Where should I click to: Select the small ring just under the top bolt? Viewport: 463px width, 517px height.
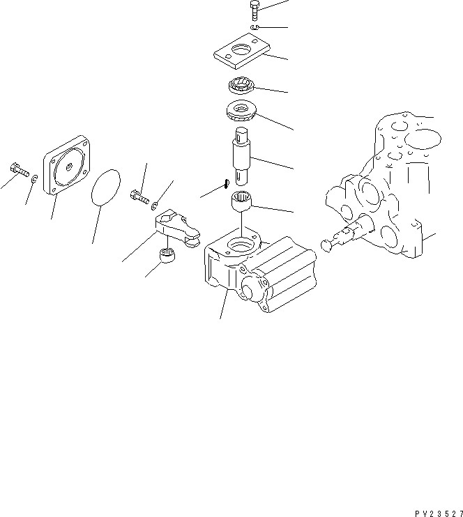256,27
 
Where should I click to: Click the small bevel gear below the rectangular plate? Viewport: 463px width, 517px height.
241,88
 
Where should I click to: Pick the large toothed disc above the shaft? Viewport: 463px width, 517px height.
241,110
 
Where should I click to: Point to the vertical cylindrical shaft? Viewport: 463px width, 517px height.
244,157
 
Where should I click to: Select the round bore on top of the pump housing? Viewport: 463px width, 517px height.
238,245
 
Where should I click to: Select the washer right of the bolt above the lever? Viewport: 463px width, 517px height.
154,206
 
